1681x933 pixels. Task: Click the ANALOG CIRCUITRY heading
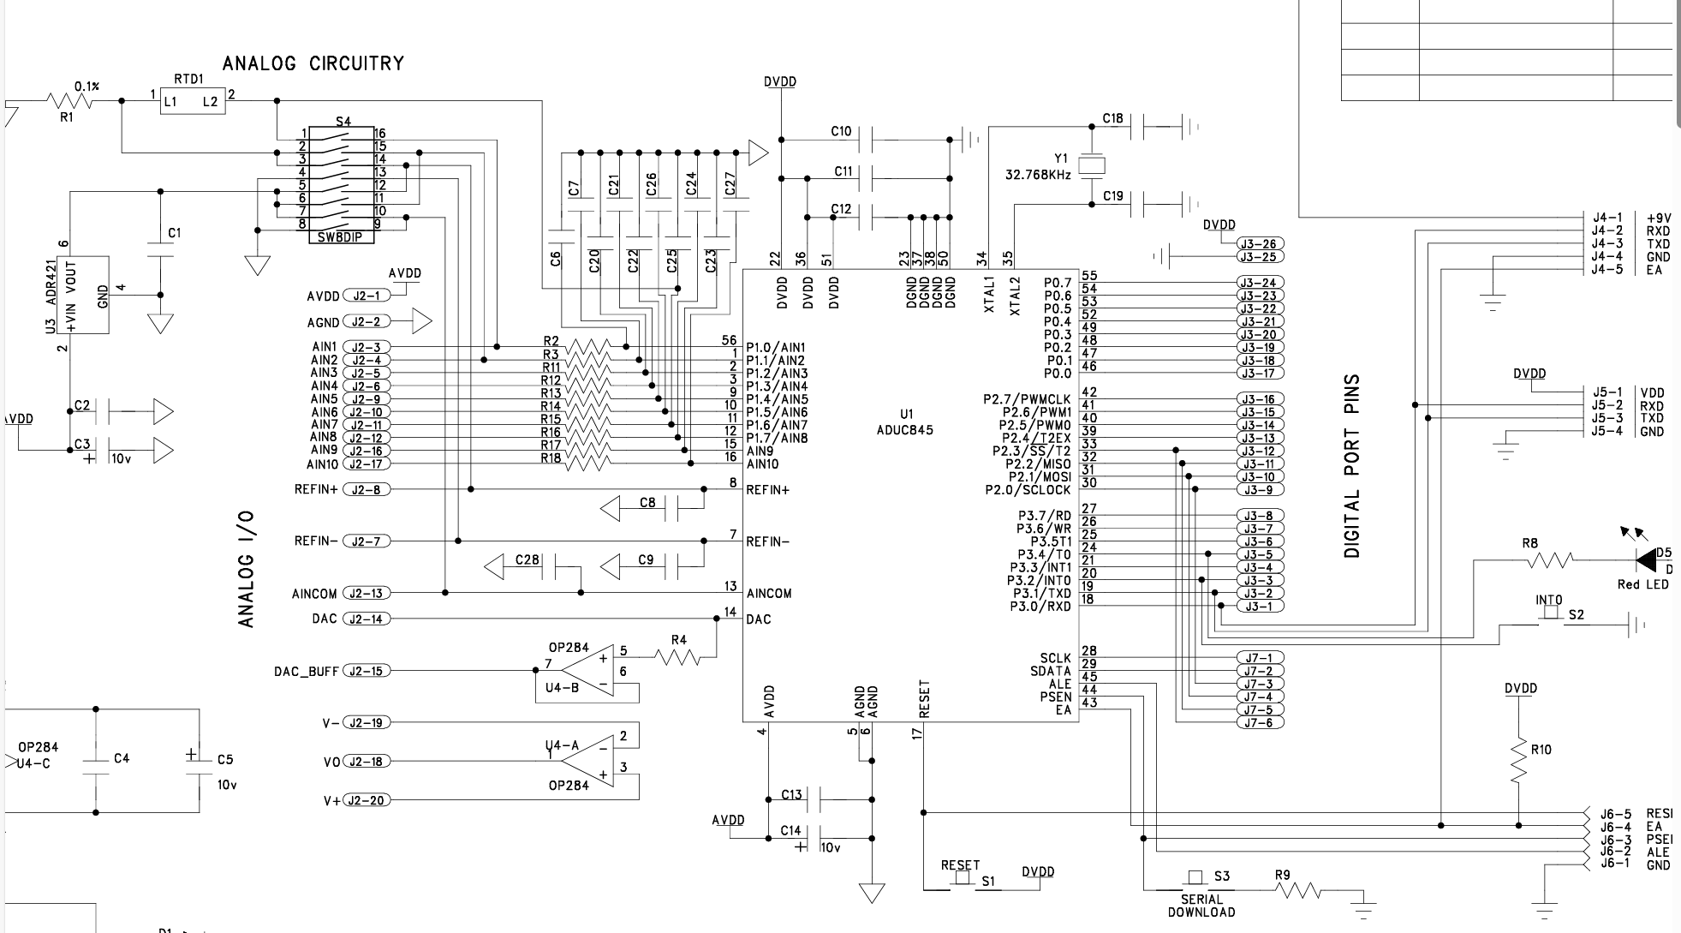(313, 63)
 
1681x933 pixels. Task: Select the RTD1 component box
(193, 101)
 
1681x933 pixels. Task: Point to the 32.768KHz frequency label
(1037, 175)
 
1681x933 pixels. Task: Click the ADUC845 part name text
(905, 430)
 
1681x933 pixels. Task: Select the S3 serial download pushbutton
(1195, 879)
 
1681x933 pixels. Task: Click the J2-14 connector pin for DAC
(366, 619)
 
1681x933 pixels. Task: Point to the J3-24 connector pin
(1259, 283)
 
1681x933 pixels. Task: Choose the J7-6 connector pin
(1259, 722)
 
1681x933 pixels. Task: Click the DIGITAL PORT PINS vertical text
(1352, 466)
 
